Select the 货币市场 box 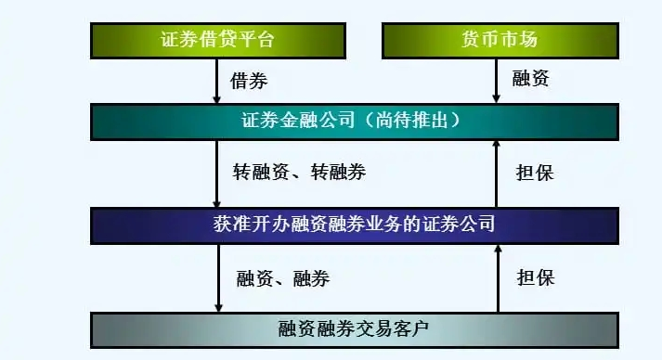[499, 40]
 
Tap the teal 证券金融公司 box [353, 121]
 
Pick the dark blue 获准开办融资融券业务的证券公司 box [353, 223]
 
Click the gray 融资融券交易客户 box [353, 328]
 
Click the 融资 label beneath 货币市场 [530, 80]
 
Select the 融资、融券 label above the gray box [282, 277]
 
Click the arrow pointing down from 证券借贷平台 [218, 81]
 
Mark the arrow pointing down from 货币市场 [498, 81]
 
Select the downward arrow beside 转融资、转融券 [218, 174]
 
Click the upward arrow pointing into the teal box [498, 174]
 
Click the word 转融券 [338, 173]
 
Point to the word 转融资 [260, 173]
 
